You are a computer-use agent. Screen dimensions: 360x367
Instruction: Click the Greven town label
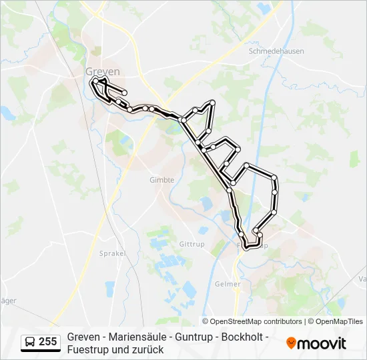point(103,71)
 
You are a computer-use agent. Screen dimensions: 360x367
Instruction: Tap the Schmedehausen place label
point(276,50)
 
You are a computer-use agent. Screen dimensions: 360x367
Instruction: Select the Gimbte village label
point(161,180)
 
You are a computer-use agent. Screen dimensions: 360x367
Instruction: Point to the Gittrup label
point(192,244)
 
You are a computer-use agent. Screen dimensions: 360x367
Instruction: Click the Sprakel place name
point(111,254)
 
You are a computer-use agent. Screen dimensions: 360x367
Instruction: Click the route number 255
point(47,342)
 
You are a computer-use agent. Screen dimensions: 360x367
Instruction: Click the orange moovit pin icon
point(291,343)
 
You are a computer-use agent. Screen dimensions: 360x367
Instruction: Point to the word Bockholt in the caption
point(242,337)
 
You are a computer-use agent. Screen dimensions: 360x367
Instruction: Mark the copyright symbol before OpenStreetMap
point(206,321)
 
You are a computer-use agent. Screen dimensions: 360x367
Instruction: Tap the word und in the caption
point(122,349)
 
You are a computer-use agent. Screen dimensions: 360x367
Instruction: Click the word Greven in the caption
point(83,337)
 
